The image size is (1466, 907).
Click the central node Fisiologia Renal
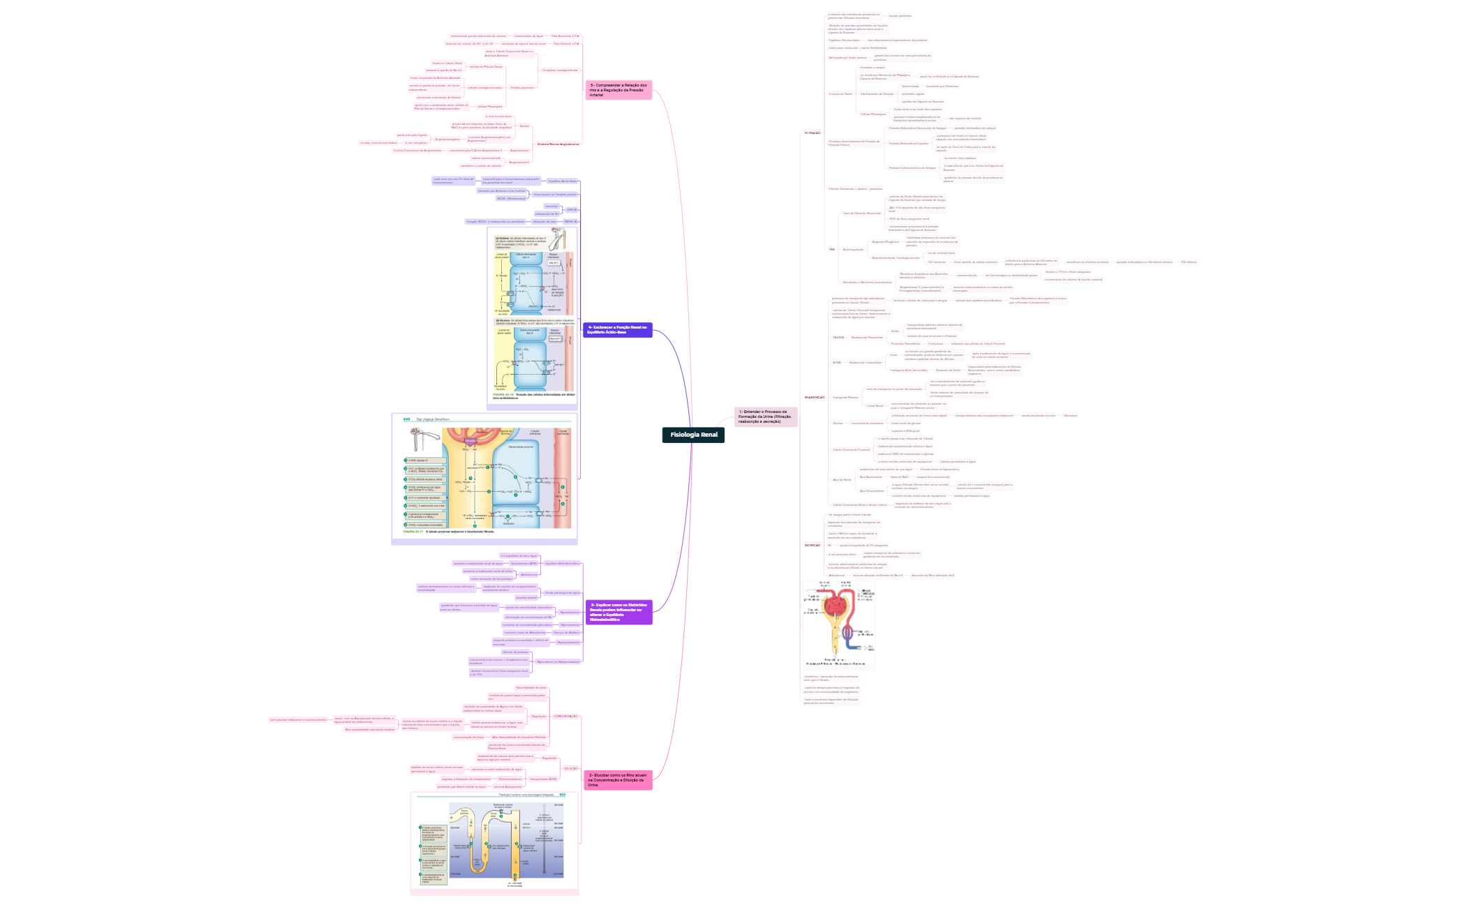click(x=693, y=435)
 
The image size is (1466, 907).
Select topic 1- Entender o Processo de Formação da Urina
click(x=765, y=417)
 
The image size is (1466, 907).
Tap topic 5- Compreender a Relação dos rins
click(x=619, y=90)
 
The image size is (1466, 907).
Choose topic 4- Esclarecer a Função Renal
click(x=618, y=330)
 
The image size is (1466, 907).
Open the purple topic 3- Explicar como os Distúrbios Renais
click(x=618, y=612)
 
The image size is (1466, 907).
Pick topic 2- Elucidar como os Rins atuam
click(x=618, y=780)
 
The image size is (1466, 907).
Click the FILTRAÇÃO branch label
click(x=813, y=133)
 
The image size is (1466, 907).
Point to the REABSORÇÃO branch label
click(x=814, y=398)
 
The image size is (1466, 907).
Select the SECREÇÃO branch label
click(x=812, y=546)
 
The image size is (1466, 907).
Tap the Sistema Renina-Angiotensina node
click(x=558, y=144)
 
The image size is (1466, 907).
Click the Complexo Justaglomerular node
click(x=560, y=70)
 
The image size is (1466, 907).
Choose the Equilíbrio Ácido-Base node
click(x=563, y=181)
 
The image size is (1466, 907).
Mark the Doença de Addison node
click(x=566, y=633)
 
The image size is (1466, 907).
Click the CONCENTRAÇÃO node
click(x=565, y=717)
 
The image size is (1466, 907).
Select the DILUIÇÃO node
click(x=570, y=769)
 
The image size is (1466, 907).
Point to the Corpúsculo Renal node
click(x=840, y=94)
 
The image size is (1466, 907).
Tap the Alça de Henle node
click(x=842, y=480)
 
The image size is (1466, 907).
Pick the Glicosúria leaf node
click(x=1070, y=416)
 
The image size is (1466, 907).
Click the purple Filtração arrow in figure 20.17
click(x=471, y=441)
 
